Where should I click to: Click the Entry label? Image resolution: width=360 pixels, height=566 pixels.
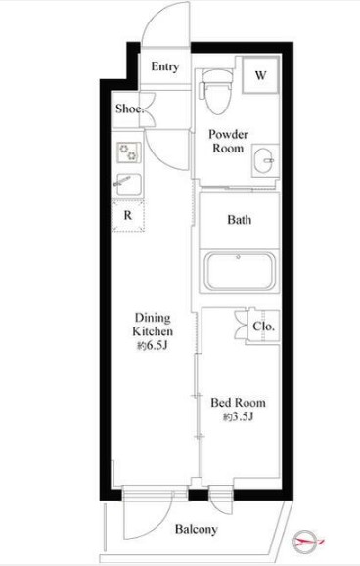pos(165,66)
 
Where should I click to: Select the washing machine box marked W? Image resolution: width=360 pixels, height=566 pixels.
pos(260,75)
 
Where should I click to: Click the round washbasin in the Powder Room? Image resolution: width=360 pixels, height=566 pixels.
pos(265,160)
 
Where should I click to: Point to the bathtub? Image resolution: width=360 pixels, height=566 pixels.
pos(240,272)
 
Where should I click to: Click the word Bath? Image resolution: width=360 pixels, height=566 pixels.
pos(240,220)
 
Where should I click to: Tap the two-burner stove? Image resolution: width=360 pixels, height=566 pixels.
pos(128,152)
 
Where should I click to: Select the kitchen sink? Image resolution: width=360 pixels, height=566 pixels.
pos(128,184)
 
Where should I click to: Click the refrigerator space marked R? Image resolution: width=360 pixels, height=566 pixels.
pos(128,215)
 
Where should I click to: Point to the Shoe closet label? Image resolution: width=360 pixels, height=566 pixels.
pos(130,109)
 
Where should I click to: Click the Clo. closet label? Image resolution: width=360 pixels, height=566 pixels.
pos(263,327)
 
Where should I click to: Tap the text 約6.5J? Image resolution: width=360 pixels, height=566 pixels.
pos(152,346)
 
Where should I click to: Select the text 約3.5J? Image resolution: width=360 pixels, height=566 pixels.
pos(239,416)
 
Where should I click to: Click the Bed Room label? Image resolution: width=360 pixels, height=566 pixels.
pos(239,403)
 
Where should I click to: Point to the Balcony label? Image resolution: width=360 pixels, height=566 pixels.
pos(196,530)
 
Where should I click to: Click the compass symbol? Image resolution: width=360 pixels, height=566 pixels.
pos(306,542)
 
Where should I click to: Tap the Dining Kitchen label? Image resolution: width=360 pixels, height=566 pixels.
pos(153,325)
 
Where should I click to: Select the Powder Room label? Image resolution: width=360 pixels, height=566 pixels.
pos(228,141)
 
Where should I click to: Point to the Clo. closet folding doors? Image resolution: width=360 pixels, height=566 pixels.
pos(240,325)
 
